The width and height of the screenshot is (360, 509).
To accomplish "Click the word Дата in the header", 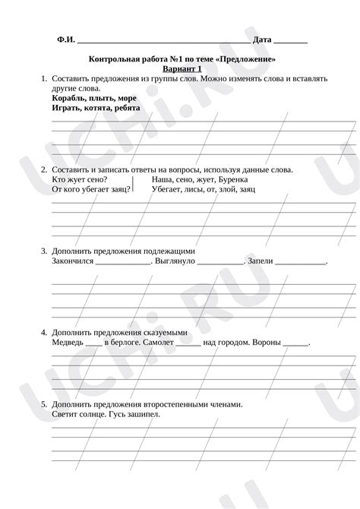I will (262, 40).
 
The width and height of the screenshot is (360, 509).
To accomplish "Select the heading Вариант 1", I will (182, 68).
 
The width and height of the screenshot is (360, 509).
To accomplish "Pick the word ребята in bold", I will (127, 108).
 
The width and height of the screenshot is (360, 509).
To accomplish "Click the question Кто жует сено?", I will (80, 179).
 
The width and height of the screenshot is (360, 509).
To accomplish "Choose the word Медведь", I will (67, 343).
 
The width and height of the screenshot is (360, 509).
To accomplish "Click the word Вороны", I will (266, 343).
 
